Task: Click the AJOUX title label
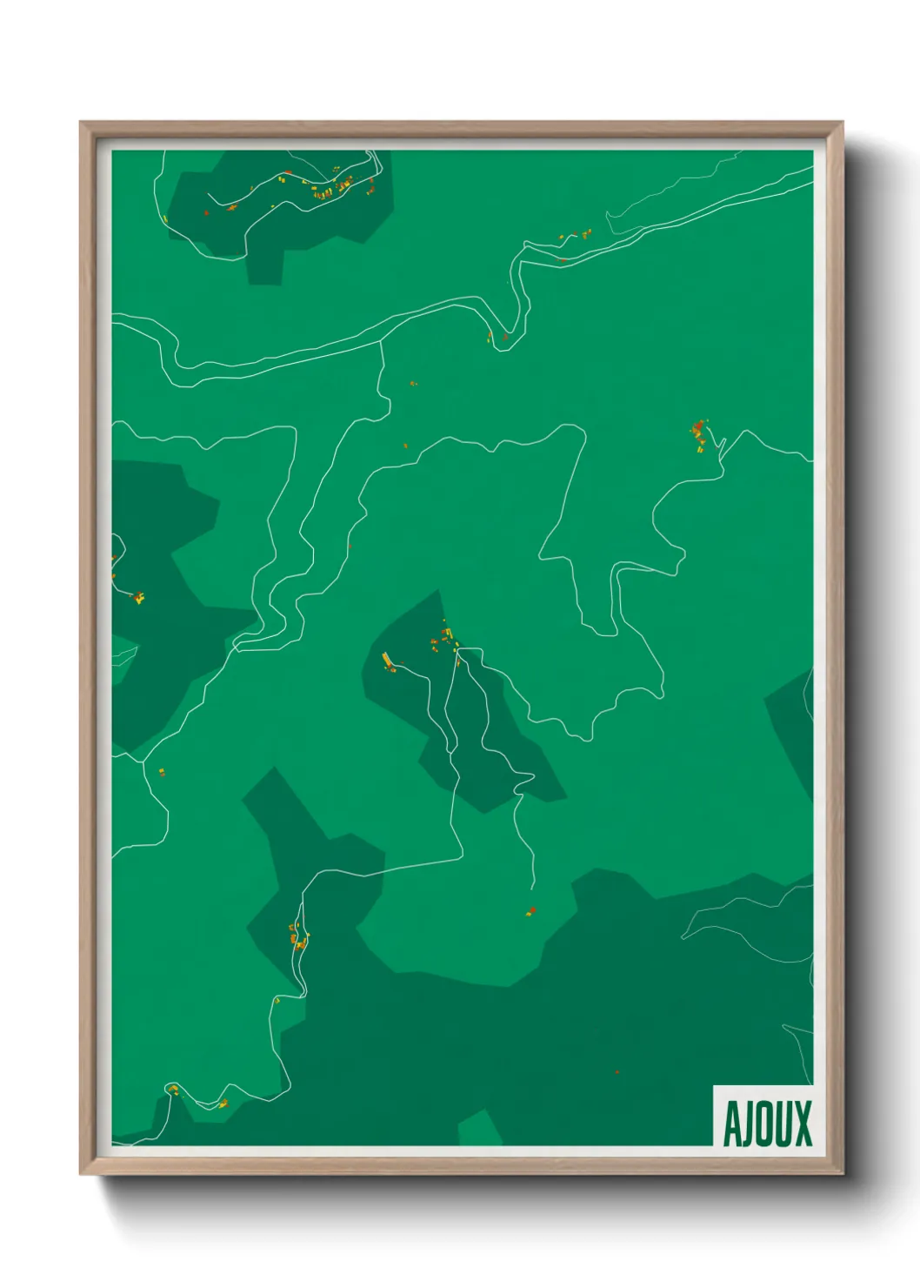(766, 1124)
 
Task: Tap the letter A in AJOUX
(733, 1124)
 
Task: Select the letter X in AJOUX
(802, 1124)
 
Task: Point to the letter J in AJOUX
(749, 1124)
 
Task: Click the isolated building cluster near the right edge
(698, 434)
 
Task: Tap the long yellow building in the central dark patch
(388, 661)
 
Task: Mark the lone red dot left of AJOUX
(617, 1072)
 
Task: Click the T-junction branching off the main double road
(381, 342)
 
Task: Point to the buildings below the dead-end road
(530, 912)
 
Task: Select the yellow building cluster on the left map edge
(138, 597)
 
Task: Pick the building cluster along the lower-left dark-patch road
(297, 937)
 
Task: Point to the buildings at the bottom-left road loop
(174, 1090)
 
